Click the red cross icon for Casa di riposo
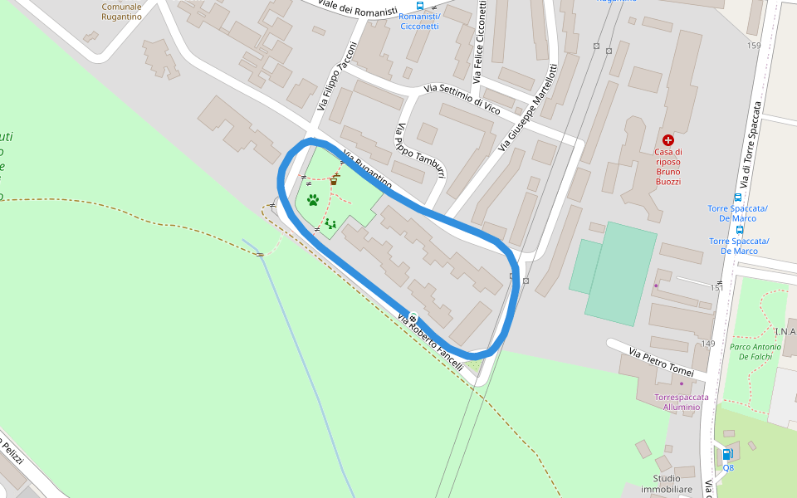tap(668, 140)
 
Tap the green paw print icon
tap(313, 200)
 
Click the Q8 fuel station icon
tap(727, 454)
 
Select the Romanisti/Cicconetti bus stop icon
tap(419, 5)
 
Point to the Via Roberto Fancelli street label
tap(430, 342)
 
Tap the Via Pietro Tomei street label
tap(660, 364)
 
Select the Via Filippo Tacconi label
tap(336, 76)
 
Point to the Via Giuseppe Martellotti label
tap(528, 107)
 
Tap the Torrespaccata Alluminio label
tap(687, 402)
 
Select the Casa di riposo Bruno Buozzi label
tap(668, 166)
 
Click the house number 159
tap(753, 46)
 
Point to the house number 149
tap(708, 344)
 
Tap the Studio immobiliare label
tap(672, 484)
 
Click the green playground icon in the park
tap(330, 223)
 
